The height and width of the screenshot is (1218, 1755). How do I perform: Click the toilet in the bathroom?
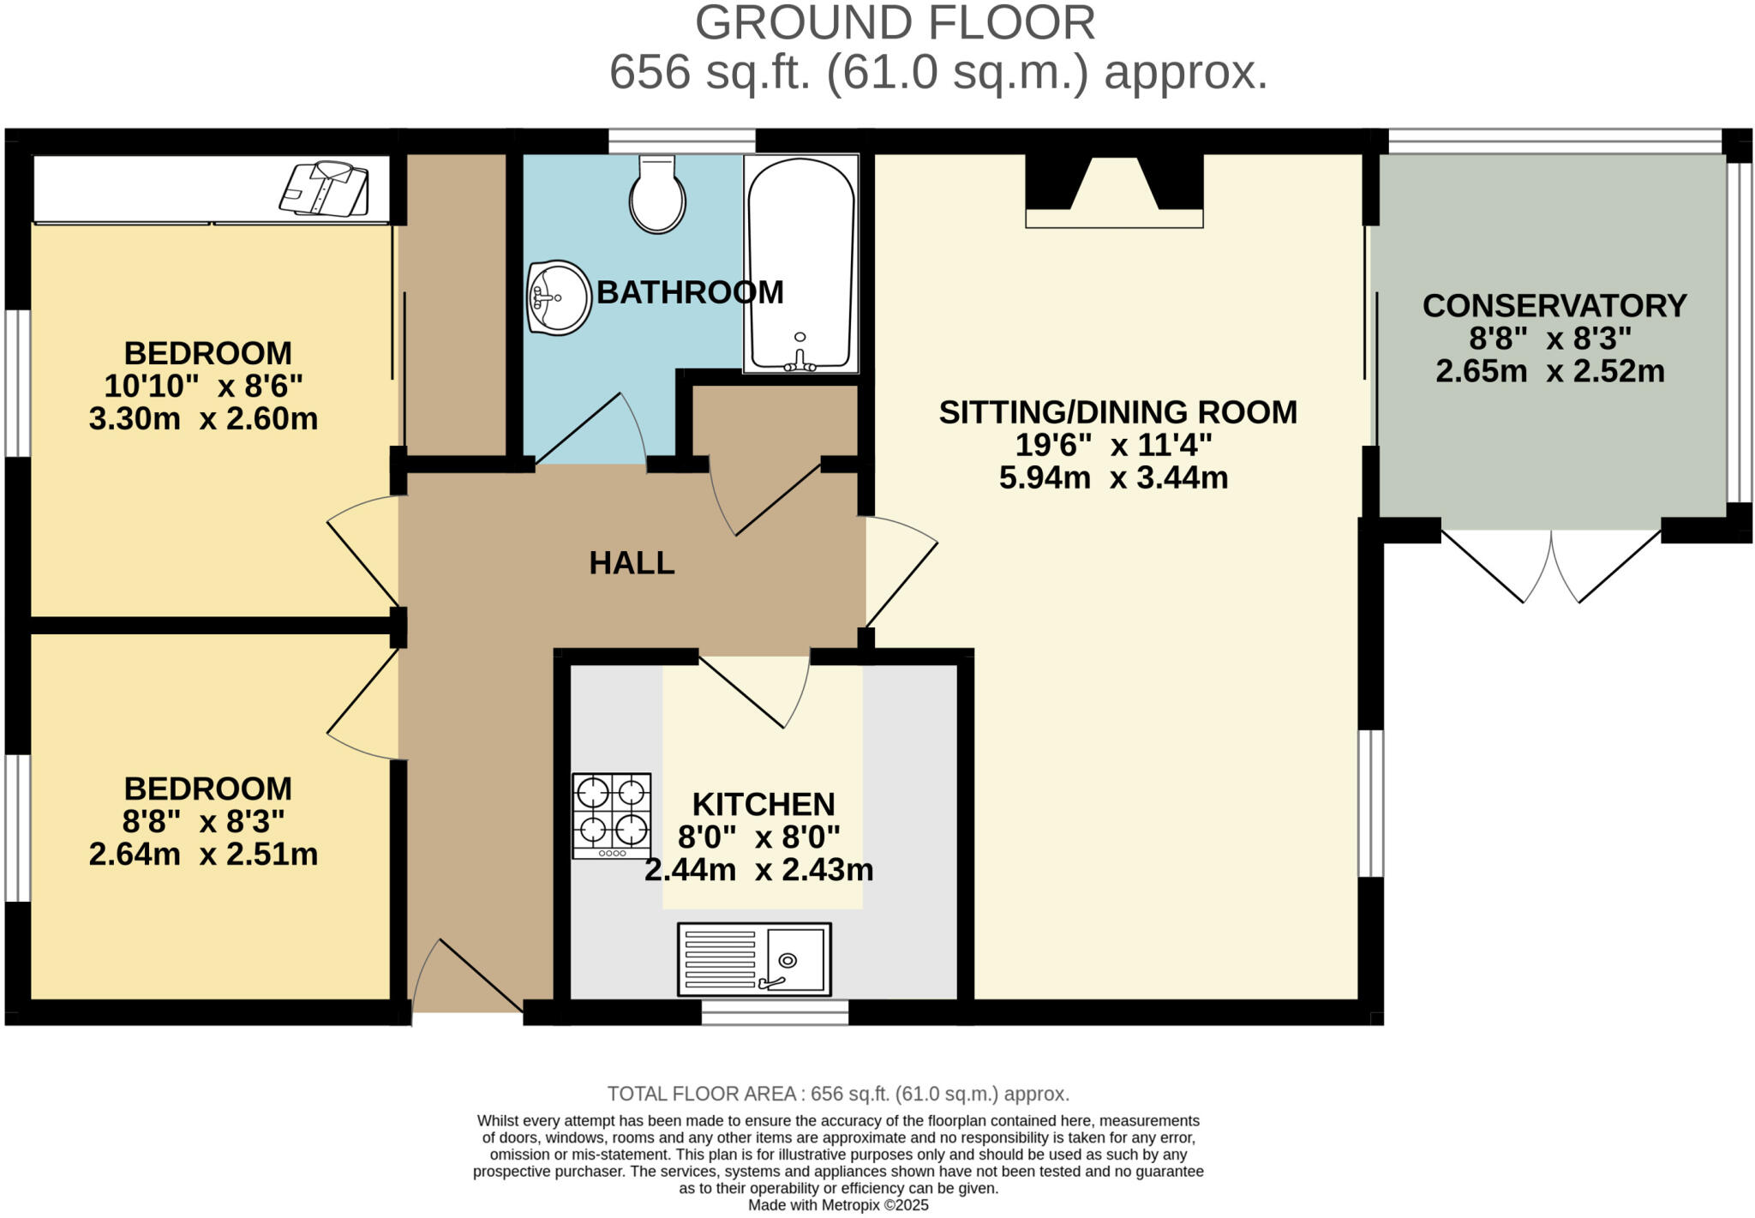657,195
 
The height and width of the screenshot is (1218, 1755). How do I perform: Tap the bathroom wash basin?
559,297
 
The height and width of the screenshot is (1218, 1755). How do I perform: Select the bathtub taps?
800,361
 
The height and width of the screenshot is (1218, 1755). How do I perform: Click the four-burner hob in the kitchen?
612,815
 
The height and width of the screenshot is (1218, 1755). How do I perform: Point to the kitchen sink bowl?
795,959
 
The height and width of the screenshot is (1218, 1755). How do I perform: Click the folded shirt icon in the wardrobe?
324,187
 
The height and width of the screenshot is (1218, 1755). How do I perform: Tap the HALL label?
632,563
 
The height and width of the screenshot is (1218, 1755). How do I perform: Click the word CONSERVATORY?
1554,306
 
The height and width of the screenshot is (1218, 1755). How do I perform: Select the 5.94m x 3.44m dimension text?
1113,477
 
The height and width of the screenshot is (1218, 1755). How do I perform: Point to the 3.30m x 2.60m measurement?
203,419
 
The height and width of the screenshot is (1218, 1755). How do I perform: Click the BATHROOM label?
690,292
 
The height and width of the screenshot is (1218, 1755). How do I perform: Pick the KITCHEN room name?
763,804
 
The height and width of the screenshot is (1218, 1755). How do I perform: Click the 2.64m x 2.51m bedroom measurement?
203,855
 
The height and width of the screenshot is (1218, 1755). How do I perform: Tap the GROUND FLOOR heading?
895,23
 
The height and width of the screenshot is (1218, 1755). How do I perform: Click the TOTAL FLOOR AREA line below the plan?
838,1094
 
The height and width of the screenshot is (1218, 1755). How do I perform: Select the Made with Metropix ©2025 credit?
838,1205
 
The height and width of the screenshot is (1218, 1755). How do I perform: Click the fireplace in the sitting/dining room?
1114,193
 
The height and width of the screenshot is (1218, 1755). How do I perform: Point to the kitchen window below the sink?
775,1012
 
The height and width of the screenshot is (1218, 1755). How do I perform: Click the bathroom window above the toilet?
682,141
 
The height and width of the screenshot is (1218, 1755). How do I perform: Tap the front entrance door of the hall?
468,977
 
